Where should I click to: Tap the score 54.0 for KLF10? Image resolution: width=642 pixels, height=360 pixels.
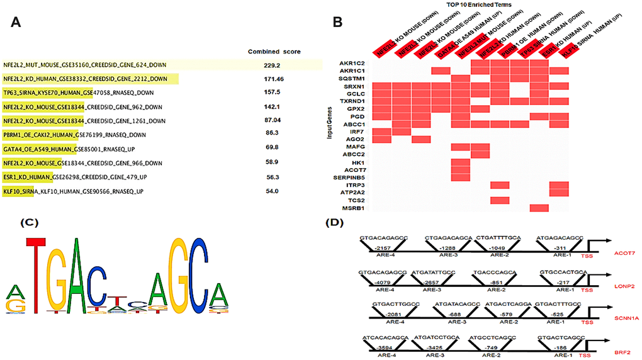[x=272, y=191]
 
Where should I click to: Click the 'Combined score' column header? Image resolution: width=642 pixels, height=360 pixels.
[x=274, y=51]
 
